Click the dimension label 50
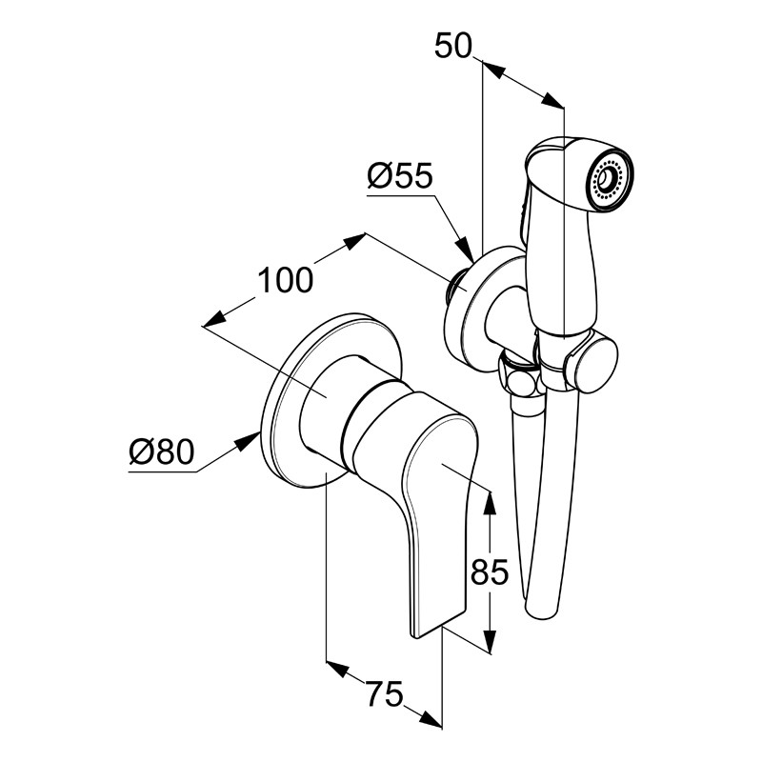tap(453, 46)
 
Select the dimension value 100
tap(285, 280)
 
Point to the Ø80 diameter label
tap(161, 451)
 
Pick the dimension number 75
tap(385, 694)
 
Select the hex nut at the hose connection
tap(519, 374)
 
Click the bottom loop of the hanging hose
tap(542, 610)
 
